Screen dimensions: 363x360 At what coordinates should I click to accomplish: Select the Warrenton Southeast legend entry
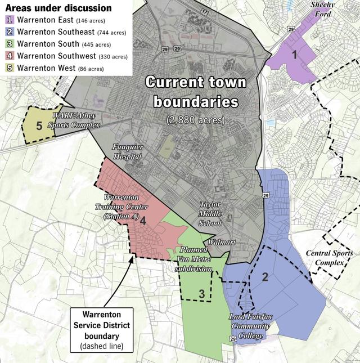click(x=64, y=32)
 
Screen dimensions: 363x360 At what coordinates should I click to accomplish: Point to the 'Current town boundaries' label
click(x=195, y=92)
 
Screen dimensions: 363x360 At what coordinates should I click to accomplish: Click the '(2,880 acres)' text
click(x=195, y=120)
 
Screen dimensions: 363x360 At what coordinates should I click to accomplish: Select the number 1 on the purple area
click(x=294, y=55)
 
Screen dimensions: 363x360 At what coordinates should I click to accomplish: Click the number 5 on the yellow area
click(x=39, y=125)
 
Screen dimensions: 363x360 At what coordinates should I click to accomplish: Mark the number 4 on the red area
click(x=143, y=221)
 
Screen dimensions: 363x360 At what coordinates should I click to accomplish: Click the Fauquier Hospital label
click(x=128, y=151)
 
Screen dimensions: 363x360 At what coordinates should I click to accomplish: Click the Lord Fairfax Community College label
click(x=250, y=326)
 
